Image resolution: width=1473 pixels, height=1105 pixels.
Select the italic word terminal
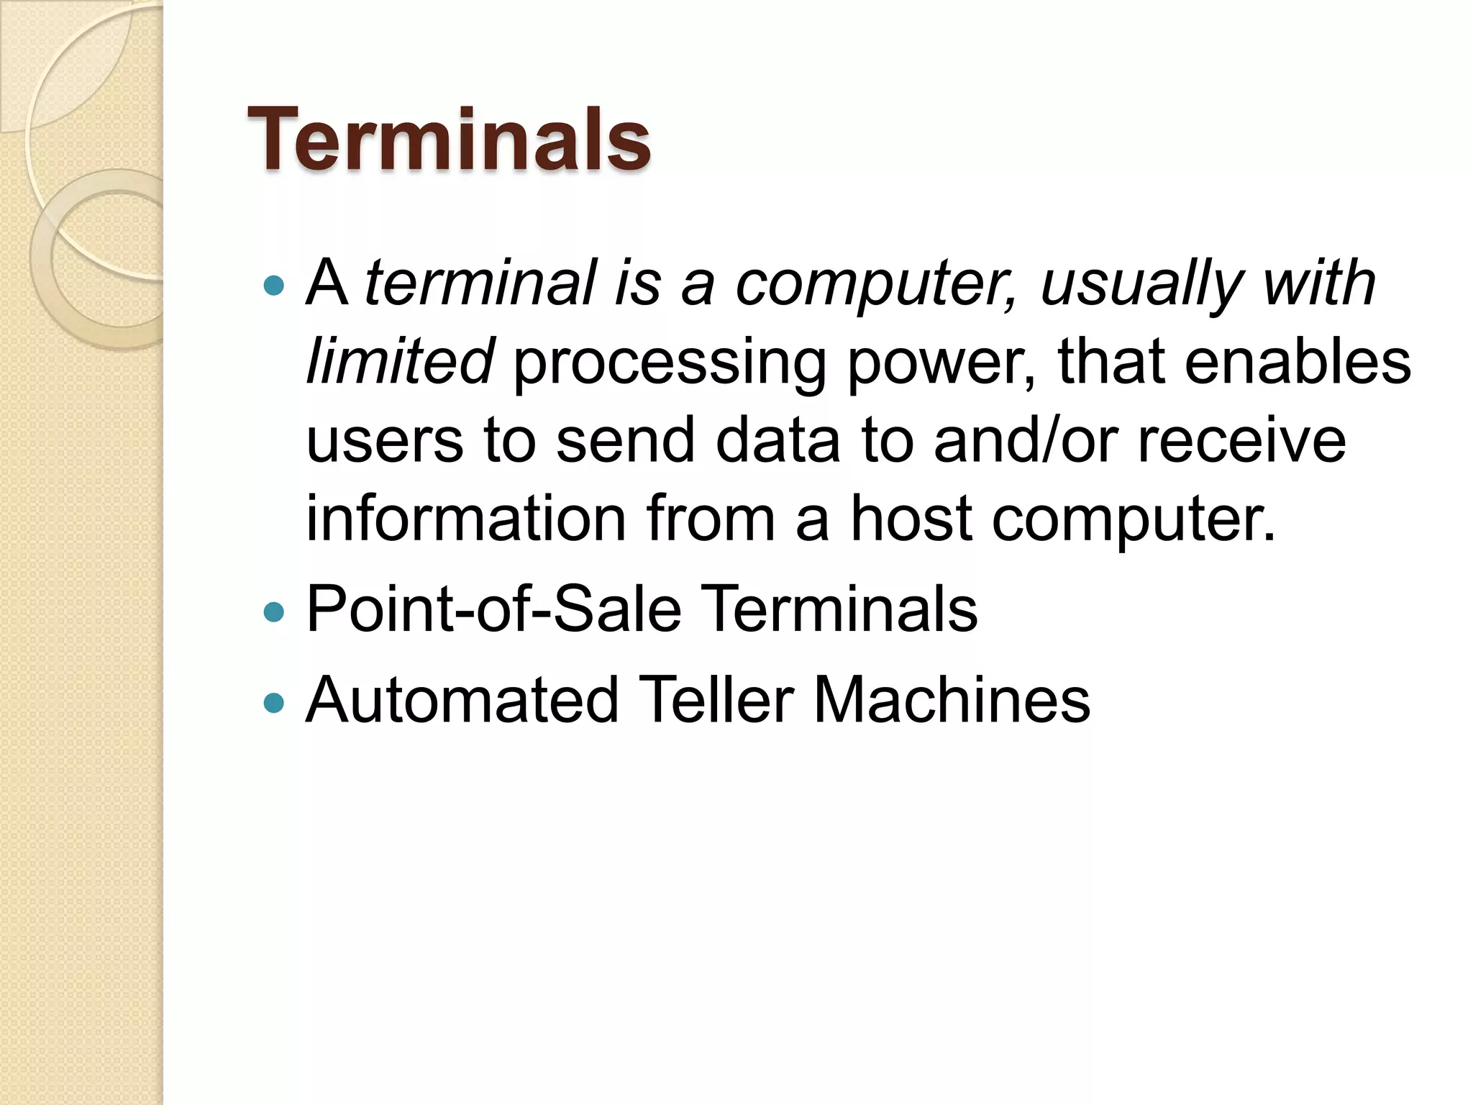point(480,283)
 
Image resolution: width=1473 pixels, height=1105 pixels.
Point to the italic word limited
point(400,361)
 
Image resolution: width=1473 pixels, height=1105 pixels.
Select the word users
point(385,440)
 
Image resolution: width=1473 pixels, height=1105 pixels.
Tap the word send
point(626,440)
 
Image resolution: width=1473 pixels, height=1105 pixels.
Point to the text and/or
point(1026,440)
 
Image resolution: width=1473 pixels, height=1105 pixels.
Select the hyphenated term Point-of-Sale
point(493,609)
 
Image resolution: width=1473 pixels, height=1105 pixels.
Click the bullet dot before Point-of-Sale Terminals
point(274,612)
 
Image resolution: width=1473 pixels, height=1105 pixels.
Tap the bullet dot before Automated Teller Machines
point(274,702)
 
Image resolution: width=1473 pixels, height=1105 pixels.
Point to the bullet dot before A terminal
point(274,286)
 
